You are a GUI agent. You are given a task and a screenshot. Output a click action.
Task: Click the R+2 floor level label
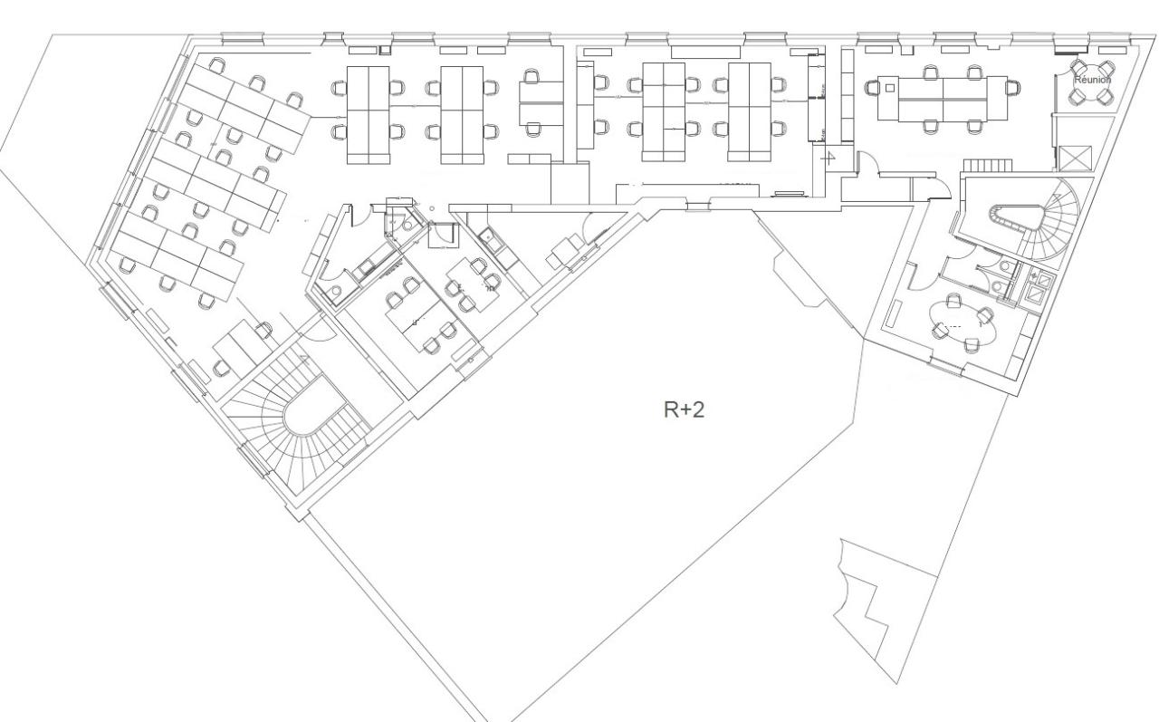click(684, 409)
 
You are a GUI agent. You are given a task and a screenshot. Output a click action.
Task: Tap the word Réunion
click(1091, 80)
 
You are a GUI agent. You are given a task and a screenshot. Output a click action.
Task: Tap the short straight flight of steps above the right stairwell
click(985, 165)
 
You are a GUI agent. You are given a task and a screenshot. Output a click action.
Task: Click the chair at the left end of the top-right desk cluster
click(873, 88)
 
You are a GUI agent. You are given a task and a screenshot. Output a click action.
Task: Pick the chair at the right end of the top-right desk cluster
click(1013, 86)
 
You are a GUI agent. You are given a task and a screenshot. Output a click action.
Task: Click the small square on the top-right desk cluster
click(890, 88)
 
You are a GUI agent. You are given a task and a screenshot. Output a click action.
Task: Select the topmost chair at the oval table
click(953, 301)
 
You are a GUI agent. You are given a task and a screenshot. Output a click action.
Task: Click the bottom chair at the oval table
click(972, 344)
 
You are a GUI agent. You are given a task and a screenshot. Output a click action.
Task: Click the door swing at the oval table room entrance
click(915, 268)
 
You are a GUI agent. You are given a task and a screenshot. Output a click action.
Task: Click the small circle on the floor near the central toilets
click(431, 208)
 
